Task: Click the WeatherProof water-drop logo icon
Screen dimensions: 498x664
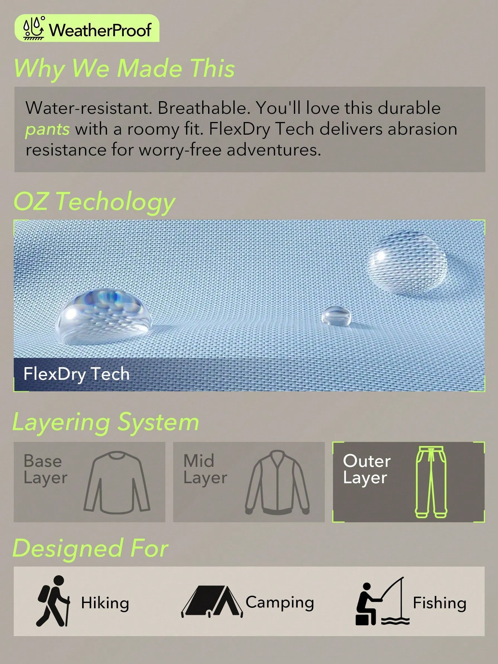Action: coord(34,28)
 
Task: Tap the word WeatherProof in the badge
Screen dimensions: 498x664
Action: coord(100,30)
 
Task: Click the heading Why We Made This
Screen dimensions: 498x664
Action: coord(124,68)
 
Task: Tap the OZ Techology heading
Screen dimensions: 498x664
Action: coord(94,202)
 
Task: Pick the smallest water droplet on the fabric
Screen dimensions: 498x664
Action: coord(336,316)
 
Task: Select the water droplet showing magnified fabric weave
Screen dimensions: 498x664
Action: coord(407,262)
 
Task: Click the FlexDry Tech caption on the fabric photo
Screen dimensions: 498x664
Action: coord(77,374)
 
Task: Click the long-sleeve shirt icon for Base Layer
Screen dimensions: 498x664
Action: coord(117,482)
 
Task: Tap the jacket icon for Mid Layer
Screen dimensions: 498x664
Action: coord(277,482)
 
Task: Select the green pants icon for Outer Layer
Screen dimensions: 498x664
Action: coord(431,482)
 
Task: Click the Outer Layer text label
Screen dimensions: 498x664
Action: coord(367,469)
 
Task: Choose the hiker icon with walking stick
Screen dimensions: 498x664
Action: coord(53,601)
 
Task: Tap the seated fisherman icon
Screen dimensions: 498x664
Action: coord(382,601)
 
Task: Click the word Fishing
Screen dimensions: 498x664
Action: coord(440,603)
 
